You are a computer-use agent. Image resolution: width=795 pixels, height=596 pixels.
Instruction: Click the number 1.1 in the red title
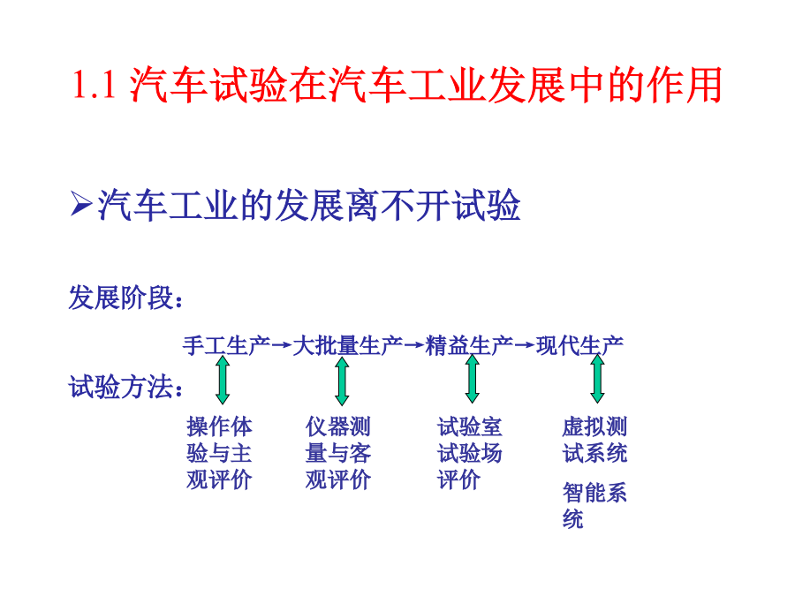tap(95, 84)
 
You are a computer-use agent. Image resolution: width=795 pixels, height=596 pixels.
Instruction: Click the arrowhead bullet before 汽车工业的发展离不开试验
tap(81, 204)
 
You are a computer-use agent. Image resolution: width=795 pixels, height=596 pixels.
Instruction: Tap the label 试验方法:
tap(125, 387)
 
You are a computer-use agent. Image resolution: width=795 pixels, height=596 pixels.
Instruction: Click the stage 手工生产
tap(227, 345)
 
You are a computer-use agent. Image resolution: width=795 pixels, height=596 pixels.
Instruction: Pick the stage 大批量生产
tap(348, 345)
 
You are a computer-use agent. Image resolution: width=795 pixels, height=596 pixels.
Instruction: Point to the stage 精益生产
tap(470, 345)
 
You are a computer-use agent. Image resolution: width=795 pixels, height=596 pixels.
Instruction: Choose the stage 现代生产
tap(580, 345)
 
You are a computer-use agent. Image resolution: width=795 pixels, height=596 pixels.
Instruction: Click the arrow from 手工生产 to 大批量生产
tap(282, 345)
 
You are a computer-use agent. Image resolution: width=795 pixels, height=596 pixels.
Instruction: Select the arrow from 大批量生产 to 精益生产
tap(414, 345)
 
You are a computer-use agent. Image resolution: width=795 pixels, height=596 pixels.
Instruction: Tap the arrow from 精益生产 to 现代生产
tap(525, 345)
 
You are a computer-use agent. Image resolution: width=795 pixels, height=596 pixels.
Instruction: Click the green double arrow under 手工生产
tap(223, 380)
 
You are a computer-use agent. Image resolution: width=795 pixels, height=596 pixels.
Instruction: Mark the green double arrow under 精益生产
tap(473, 379)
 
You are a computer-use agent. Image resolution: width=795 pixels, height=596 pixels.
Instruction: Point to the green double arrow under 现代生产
tap(598, 379)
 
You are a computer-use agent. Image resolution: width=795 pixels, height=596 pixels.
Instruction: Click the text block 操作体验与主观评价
tap(220, 453)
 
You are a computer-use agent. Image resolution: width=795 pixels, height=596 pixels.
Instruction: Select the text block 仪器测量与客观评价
tap(338, 453)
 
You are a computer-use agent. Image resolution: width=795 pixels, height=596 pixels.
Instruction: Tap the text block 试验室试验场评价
tap(470, 453)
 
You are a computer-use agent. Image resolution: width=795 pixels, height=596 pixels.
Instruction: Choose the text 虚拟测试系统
tap(594, 440)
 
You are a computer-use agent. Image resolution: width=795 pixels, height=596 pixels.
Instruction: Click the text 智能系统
tap(594, 505)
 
